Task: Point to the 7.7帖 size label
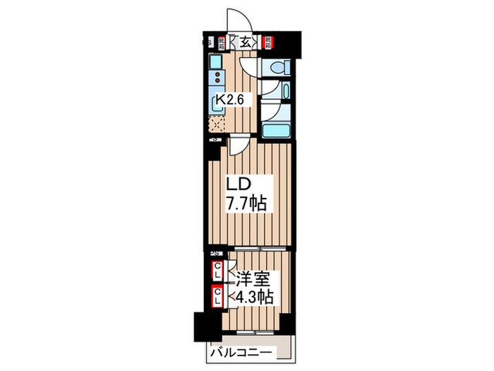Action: (x=246, y=204)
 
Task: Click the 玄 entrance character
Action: (x=244, y=42)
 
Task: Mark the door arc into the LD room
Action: (x=238, y=146)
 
